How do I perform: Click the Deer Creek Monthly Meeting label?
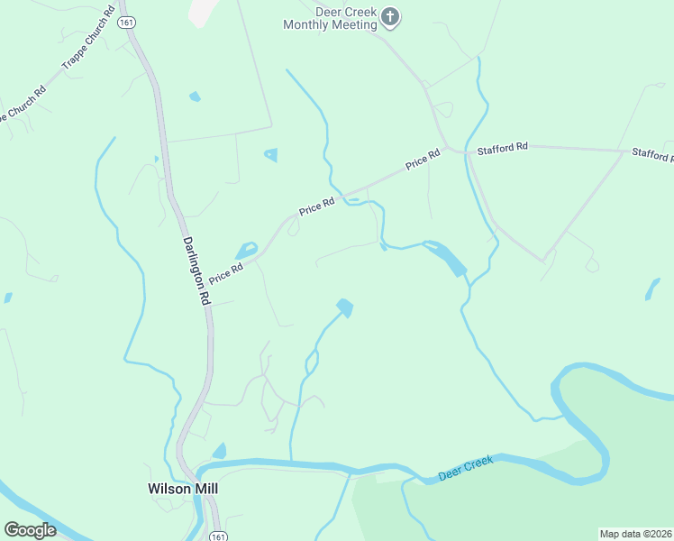tap(330, 19)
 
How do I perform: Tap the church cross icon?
tap(390, 16)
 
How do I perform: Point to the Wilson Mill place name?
tap(183, 489)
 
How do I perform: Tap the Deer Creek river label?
tap(466, 468)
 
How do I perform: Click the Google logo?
tap(31, 530)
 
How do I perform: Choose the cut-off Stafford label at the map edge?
tap(651, 154)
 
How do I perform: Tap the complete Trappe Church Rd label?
tap(87, 40)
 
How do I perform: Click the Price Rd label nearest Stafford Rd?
tap(422, 160)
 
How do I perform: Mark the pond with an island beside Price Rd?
tap(246, 250)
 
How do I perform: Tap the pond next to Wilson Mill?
tap(219, 451)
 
